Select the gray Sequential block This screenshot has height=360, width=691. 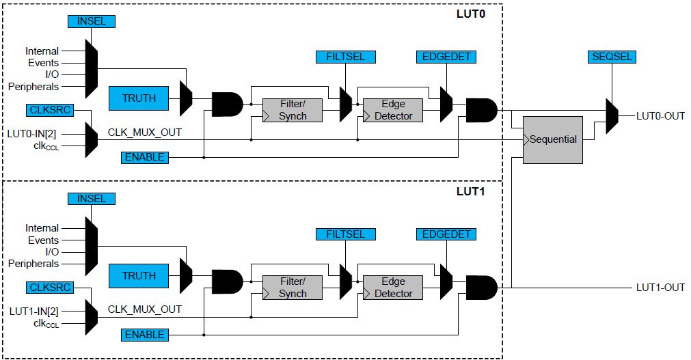(552, 139)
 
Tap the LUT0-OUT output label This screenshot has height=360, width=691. (660, 116)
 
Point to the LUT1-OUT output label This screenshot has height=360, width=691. (660, 288)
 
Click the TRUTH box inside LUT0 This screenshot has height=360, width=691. (139, 98)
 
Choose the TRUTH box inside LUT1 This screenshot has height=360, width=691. (139, 276)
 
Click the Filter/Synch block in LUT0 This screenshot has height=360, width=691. (293, 110)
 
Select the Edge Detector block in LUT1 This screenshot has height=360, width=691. (393, 288)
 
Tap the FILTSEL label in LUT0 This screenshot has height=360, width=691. (341, 57)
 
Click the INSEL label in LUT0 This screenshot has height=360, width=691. (92, 21)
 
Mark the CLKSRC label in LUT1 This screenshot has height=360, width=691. (50, 287)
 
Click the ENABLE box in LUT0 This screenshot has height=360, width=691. (144, 157)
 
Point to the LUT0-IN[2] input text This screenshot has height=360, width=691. (38, 132)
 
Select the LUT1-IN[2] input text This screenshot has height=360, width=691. (38, 310)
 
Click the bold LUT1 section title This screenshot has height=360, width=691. (470, 191)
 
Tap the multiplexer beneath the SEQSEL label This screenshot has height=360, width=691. (612, 115)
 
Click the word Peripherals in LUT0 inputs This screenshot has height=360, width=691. (33, 87)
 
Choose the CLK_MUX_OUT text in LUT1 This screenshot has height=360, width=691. (145, 309)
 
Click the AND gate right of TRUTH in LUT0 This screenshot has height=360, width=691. (227, 104)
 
